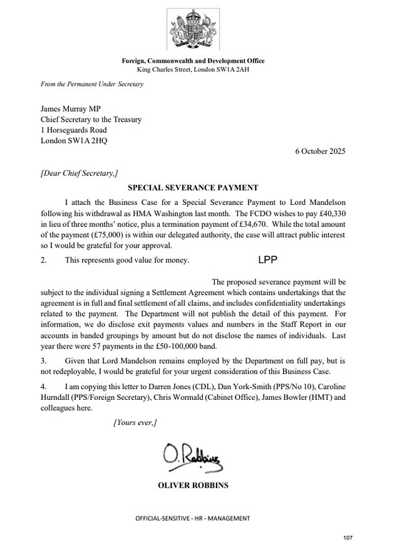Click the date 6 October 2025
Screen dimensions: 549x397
pyautogui.click(x=320, y=151)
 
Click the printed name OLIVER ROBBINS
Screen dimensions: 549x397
pyautogui.click(x=192, y=486)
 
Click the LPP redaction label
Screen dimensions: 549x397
pyautogui.click(x=267, y=259)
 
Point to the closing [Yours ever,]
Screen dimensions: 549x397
pyautogui.click(x=135, y=422)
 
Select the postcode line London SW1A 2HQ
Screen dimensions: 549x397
pyautogui.click(x=73, y=141)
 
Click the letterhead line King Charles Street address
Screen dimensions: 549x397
pyautogui.click(x=192, y=69)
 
